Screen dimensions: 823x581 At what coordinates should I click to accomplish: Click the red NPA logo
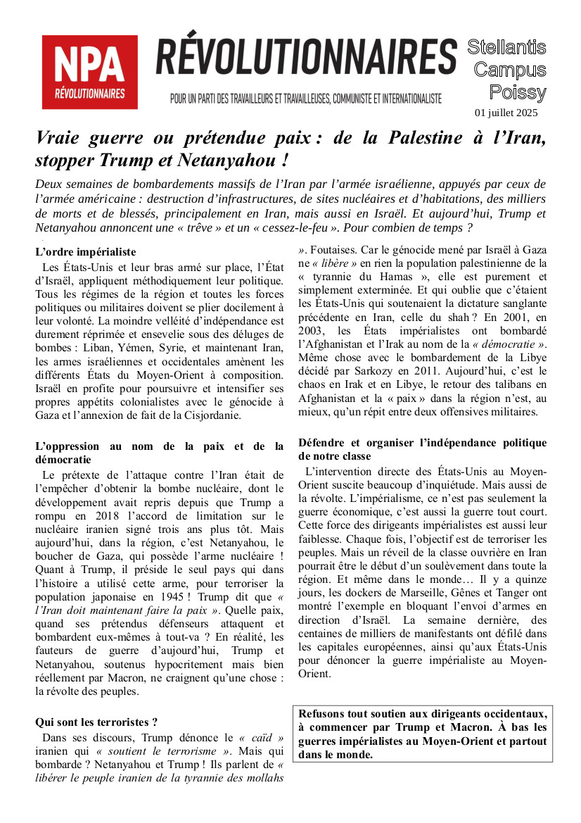pyautogui.click(x=89, y=72)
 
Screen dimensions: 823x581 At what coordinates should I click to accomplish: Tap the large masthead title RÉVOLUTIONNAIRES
pyautogui.click(x=306, y=58)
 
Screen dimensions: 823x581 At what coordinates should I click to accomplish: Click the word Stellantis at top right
pyautogui.click(x=506, y=48)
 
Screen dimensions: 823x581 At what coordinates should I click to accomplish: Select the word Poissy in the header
pyautogui.click(x=517, y=92)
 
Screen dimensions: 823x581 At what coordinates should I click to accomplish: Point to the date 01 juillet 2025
pyautogui.click(x=506, y=113)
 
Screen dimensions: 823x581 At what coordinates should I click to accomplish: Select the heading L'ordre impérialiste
pyautogui.click(x=85, y=251)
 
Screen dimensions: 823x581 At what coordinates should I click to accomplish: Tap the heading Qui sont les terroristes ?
pyautogui.click(x=96, y=722)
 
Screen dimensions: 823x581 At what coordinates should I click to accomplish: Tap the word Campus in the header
pyautogui.click(x=510, y=70)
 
